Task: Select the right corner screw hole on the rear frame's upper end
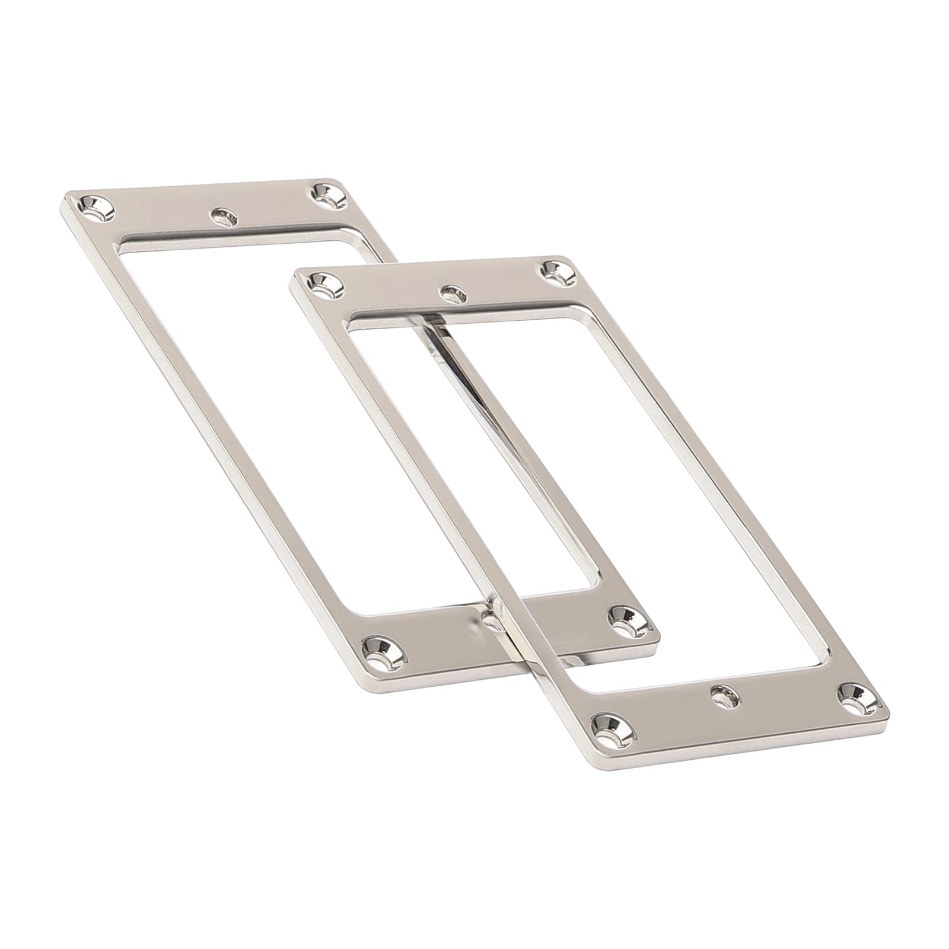pos(325,195)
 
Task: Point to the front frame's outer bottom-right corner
pos(888,708)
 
